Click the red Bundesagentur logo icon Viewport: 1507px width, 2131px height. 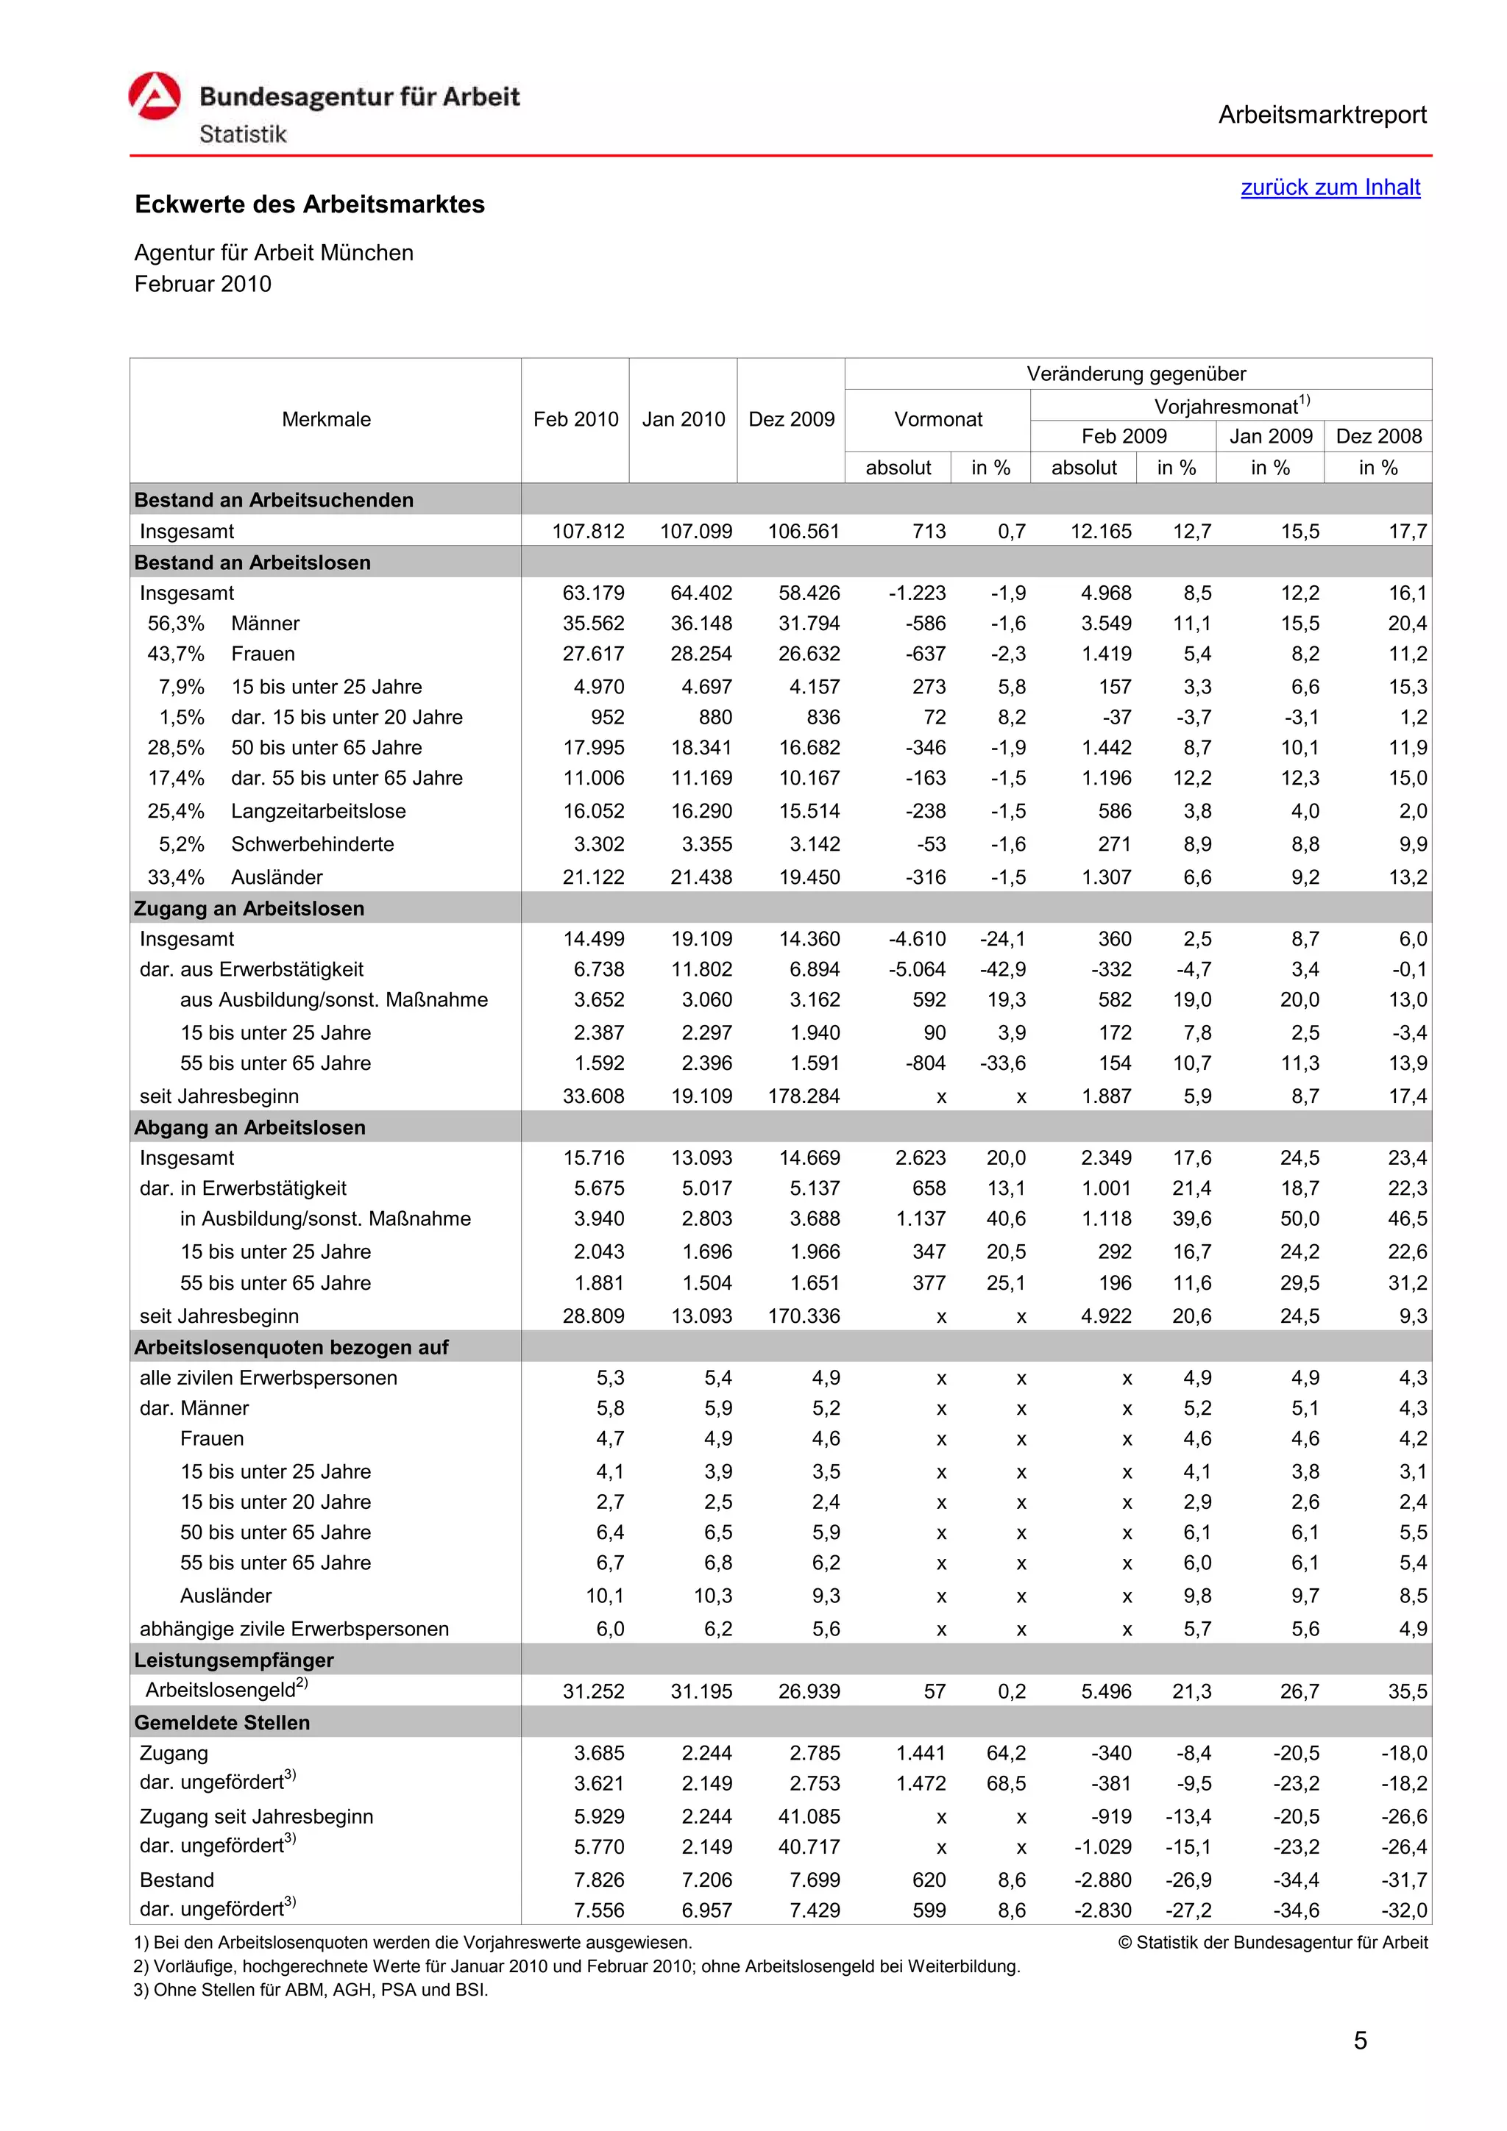pos(154,96)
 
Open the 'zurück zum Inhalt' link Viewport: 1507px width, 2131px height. pos(1330,188)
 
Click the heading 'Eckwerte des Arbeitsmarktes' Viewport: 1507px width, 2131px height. pos(309,204)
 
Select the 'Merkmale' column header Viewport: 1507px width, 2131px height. pos(326,420)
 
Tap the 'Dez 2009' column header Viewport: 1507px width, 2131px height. pos(791,420)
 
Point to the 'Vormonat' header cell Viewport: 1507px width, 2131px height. pos(937,420)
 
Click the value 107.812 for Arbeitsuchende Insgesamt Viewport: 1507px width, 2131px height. pos(588,532)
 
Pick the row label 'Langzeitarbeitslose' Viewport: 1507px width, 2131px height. pos(318,811)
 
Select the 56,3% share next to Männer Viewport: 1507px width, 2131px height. pos(175,624)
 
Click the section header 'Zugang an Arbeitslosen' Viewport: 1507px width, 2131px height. pos(249,909)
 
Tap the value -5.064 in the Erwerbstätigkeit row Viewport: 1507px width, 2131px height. pos(916,970)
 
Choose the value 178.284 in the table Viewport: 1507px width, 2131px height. pos(804,1096)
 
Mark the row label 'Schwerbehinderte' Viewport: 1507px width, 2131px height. pos(312,845)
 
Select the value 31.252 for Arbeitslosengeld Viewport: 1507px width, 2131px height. pos(592,1692)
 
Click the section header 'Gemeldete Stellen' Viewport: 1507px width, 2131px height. pos(222,1723)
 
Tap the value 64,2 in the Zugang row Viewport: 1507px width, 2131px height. pos(1006,1753)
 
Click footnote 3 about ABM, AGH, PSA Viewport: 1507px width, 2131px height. pos(310,1990)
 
